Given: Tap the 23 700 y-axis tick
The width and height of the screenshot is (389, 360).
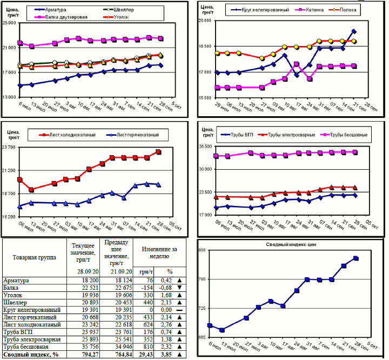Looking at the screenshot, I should point(9,147).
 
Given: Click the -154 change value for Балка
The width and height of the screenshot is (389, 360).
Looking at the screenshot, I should point(146,288).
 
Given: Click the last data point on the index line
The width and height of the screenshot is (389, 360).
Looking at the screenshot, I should point(356,258).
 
